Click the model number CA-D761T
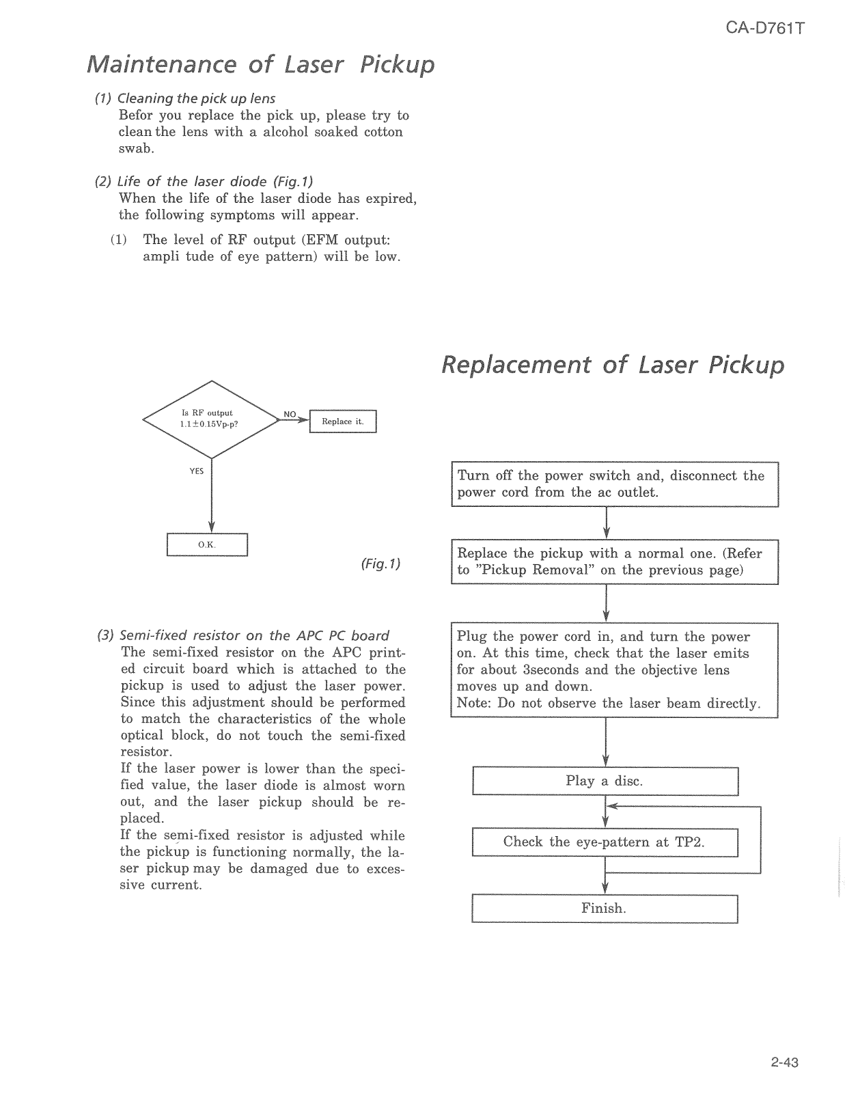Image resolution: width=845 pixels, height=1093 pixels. pos(764,29)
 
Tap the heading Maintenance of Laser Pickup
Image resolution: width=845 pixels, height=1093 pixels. pos(260,64)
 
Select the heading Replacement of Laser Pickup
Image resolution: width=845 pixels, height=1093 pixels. pos(612,365)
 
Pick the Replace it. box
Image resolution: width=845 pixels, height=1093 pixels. pos(343,421)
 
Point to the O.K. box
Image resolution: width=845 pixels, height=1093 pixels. pos(206,545)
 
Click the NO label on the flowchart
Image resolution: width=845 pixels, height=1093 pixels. pos(290,414)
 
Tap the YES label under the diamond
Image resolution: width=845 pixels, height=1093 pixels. pos(197,471)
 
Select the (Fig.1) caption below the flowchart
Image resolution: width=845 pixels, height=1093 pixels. pos(380,564)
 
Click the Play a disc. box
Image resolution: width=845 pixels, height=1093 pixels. pos(605,781)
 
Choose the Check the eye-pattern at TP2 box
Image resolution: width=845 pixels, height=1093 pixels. pos(605,842)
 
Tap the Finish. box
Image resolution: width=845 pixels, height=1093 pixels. pos(605,908)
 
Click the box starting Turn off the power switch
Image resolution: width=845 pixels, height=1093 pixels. pos(614,484)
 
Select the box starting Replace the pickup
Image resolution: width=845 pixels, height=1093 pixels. pos(614,562)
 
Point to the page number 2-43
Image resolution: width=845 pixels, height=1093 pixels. pos(784,1062)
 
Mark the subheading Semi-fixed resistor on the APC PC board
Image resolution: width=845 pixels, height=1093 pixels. pos(244,635)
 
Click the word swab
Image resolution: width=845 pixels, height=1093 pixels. pos(136,148)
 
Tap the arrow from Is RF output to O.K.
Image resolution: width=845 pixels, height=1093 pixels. pos(212,499)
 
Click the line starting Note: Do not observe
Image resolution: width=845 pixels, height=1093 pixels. pos(608,703)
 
